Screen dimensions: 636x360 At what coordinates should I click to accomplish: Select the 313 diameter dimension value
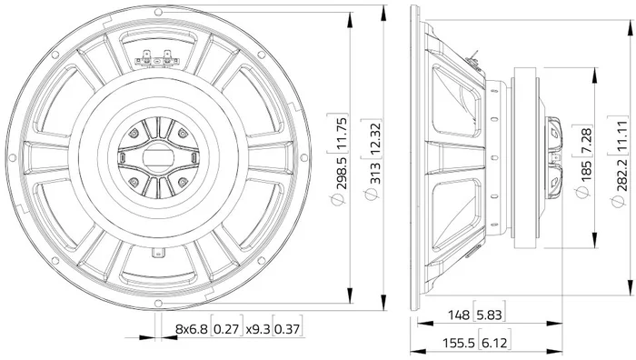376,173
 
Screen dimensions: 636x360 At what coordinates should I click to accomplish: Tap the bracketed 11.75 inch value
342,133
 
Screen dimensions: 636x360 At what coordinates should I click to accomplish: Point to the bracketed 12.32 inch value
376,139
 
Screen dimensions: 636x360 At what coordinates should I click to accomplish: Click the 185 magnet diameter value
587,171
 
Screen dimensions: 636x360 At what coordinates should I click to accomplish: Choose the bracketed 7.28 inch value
587,140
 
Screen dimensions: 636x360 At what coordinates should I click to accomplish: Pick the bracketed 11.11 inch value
622,135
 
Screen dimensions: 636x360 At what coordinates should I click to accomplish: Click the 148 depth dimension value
458,315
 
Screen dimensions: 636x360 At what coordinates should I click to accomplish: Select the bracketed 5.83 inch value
489,315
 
